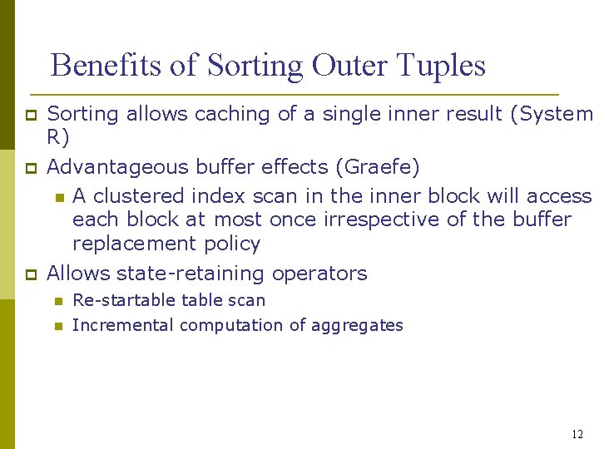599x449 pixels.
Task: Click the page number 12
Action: (x=577, y=435)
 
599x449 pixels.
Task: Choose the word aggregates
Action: (x=357, y=326)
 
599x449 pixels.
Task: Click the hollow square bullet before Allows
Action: (x=29, y=274)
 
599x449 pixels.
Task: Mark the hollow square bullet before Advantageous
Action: (x=29, y=168)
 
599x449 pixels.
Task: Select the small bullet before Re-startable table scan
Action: (x=58, y=301)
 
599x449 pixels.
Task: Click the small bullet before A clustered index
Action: (x=58, y=197)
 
